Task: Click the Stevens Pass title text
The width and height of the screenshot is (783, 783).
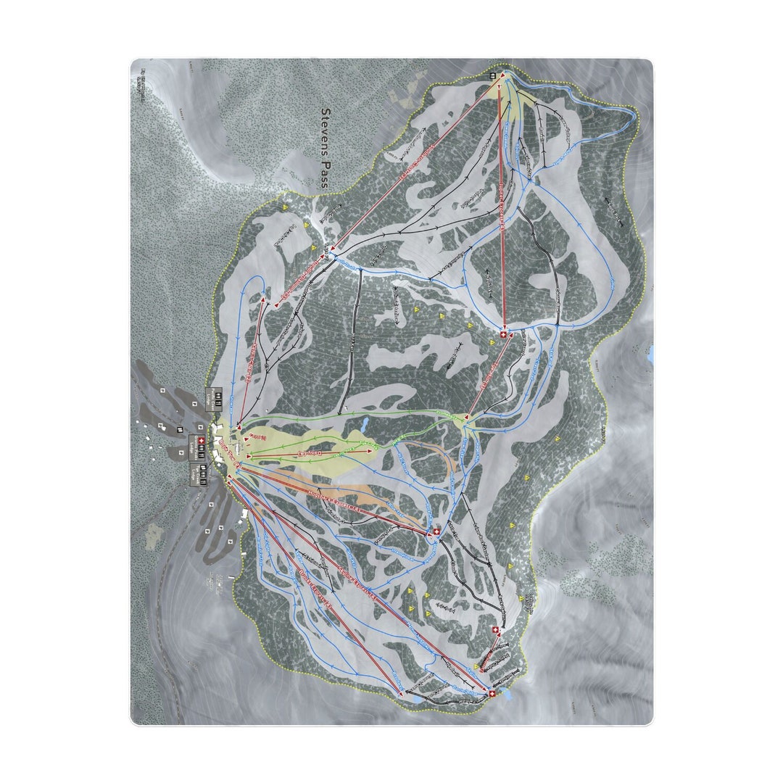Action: click(x=325, y=149)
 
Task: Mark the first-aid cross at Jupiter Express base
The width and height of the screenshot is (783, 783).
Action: click(x=503, y=335)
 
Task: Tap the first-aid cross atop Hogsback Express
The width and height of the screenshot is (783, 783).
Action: click(x=436, y=534)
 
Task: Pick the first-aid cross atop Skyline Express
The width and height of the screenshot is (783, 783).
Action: click(x=493, y=695)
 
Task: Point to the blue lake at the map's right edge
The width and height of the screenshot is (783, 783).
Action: click(x=650, y=354)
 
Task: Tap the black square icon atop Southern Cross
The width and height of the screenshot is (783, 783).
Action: click(x=493, y=75)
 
